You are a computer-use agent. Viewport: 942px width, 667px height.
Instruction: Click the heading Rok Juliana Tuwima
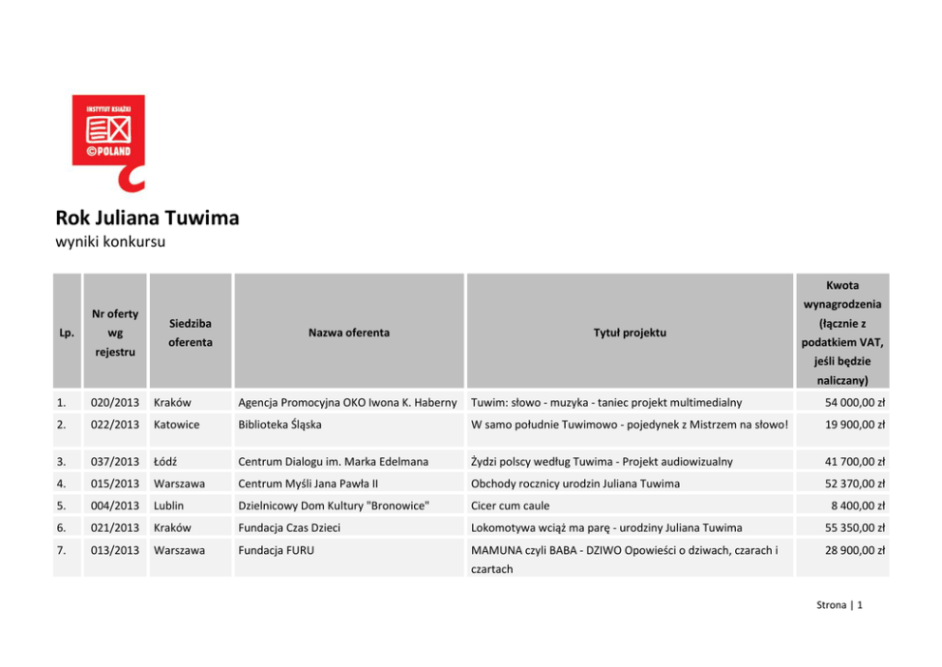[147, 218]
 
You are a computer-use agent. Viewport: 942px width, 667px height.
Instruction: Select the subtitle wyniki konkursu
[110, 242]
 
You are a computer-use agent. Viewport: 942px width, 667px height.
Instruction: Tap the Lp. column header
[67, 333]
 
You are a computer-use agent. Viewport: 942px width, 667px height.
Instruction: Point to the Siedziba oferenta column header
[190, 333]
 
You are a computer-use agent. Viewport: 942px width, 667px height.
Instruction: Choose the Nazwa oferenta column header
[349, 333]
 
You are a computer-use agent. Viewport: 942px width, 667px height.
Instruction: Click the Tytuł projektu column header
[630, 333]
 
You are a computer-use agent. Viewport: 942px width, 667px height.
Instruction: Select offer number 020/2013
[115, 403]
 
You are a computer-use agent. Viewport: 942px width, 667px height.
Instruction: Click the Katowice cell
[177, 425]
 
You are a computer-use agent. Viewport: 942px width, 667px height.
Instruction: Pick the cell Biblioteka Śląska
[280, 425]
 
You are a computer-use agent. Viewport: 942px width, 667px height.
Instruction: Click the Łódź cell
[166, 462]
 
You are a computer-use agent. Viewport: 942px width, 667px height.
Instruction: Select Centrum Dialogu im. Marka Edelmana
[333, 462]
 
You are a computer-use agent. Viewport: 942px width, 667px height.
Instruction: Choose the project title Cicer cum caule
[510, 505]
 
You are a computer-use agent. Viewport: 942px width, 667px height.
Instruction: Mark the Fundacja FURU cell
[276, 549]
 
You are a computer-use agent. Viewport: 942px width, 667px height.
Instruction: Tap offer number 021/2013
[115, 527]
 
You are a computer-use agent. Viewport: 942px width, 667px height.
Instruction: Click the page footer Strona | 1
[839, 605]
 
